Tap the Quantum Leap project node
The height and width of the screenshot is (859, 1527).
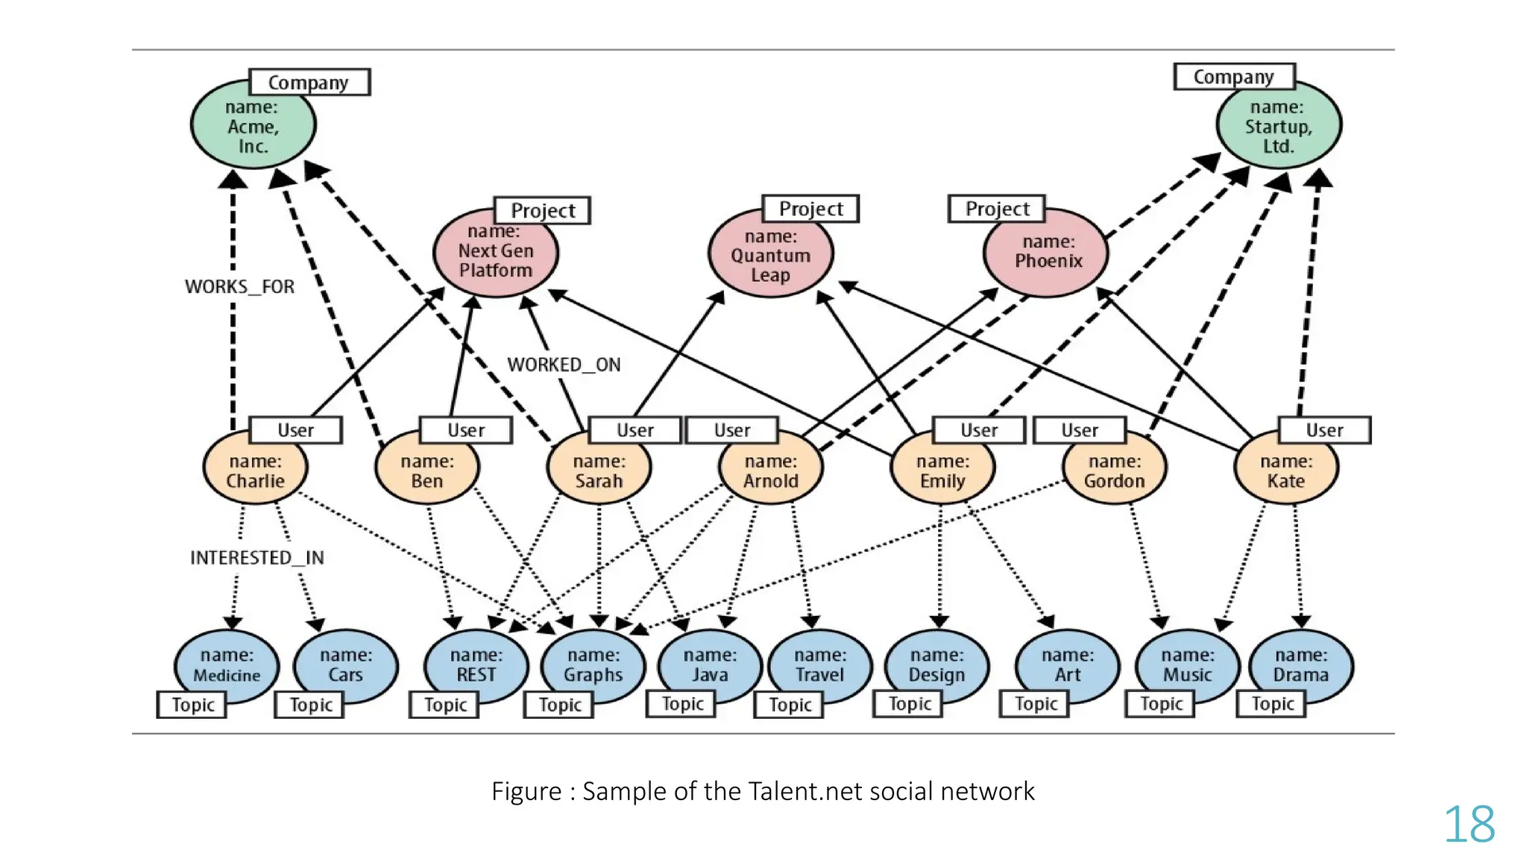pyautogui.click(x=770, y=255)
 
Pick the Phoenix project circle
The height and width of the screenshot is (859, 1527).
pyautogui.click(x=1047, y=252)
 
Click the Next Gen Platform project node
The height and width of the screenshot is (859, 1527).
pyautogui.click(x=496, y=252)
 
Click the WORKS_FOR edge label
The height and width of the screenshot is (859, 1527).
pyautogui.click(x=239, y=286)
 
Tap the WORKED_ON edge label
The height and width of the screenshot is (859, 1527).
pyautogui.click(x=564, y=365)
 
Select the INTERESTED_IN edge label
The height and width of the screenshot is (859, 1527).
pyautogui.click(x=256, y=558)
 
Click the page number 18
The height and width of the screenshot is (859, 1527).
pyautogui.click(x=1469, y=825)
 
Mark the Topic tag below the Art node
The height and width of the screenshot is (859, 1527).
pyautogui.click(x=1036, y=704)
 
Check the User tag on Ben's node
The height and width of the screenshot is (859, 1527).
pyautogui.click(x=466, y=430)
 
